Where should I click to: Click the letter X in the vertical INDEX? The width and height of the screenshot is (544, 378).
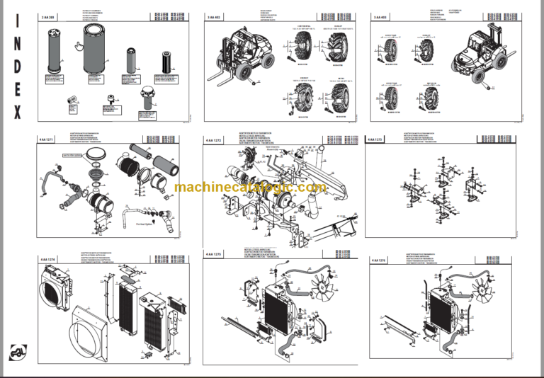(x=17, y=113)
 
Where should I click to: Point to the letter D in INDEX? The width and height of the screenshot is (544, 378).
(x=17, y=67)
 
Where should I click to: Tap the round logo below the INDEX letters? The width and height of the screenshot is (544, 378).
(x=18, y=352)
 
